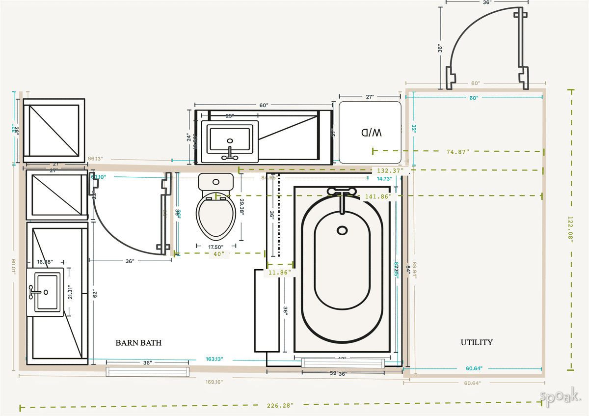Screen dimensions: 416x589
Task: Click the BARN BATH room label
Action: pyautogui.click(x=138, y=343)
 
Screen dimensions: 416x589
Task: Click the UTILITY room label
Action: pyautogui.click(x=477, y=342)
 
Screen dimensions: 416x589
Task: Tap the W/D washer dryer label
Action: pyautogui.click(x=371, y=132)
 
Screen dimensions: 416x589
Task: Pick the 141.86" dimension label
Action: pyautogui.click(x=378, y=196)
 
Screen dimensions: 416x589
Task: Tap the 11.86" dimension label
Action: pyautogui.click(x=279, y=272)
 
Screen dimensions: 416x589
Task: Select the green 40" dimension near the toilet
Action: pyautogui.click(x=219, y=254)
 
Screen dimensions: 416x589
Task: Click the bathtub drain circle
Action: pyautogui.click(x=342, y=230)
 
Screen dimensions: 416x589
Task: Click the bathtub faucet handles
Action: pyautogui.click(x=342, y=192)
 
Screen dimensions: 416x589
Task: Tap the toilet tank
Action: pyautogui.click(x=216, y=182)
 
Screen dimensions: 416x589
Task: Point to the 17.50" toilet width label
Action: pyautogui.click(x=215, y=247)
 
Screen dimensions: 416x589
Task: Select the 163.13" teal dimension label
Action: pyautogui.click(x=214, y=360)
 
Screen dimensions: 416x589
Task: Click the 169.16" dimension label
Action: pyautogui.click(x=214, y=381)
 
